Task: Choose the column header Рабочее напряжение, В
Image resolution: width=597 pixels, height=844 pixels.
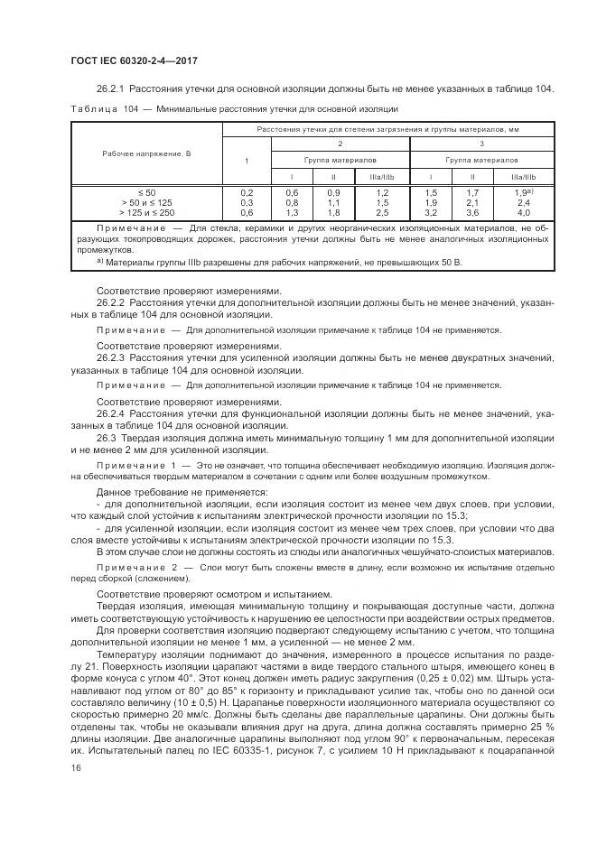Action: click(x=146, y=154)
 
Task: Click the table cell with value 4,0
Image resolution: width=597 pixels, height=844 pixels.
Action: click(x=523, y=212)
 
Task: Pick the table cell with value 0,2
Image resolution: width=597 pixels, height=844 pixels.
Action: click(x=246, y=193)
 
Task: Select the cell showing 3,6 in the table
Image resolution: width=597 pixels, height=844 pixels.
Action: click(x=471, y=212)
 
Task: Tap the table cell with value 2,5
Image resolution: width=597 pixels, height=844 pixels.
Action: click(x=382, y=212)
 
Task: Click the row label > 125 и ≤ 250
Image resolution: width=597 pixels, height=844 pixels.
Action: click(x=146, y=212)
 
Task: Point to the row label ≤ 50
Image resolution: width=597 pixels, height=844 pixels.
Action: click(x=146, y=193)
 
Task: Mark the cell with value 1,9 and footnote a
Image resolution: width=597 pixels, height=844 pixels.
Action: click(x=523, y=192)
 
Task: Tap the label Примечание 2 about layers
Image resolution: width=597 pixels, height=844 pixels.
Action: click(x=135, y=568)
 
